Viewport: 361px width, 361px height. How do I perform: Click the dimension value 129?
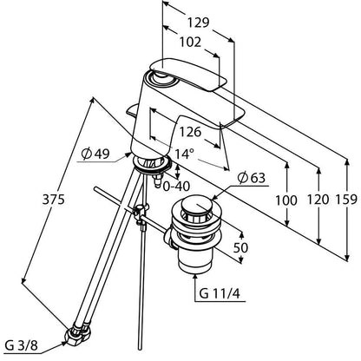[198, 23]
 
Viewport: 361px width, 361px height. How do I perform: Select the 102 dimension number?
[190, 43]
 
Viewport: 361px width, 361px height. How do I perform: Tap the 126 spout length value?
[190, 132]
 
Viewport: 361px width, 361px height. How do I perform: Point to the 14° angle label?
[184, 154]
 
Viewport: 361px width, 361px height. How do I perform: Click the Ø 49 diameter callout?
[95, 154]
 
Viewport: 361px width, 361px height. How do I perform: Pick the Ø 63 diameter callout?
[251, 178]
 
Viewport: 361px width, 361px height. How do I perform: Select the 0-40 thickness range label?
[176, 187]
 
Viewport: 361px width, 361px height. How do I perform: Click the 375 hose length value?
[54, 200]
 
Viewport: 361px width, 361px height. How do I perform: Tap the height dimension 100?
[286, 200]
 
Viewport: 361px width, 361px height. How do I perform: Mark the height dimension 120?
[318, 200]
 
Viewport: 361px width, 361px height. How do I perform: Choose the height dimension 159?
[346, 200]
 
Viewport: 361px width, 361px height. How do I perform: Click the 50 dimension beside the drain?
[240, 247]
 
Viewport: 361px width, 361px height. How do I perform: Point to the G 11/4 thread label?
[220, 294]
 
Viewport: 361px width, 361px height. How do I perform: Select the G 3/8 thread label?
[22, 345]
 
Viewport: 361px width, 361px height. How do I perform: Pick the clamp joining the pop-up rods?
[141, 214]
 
